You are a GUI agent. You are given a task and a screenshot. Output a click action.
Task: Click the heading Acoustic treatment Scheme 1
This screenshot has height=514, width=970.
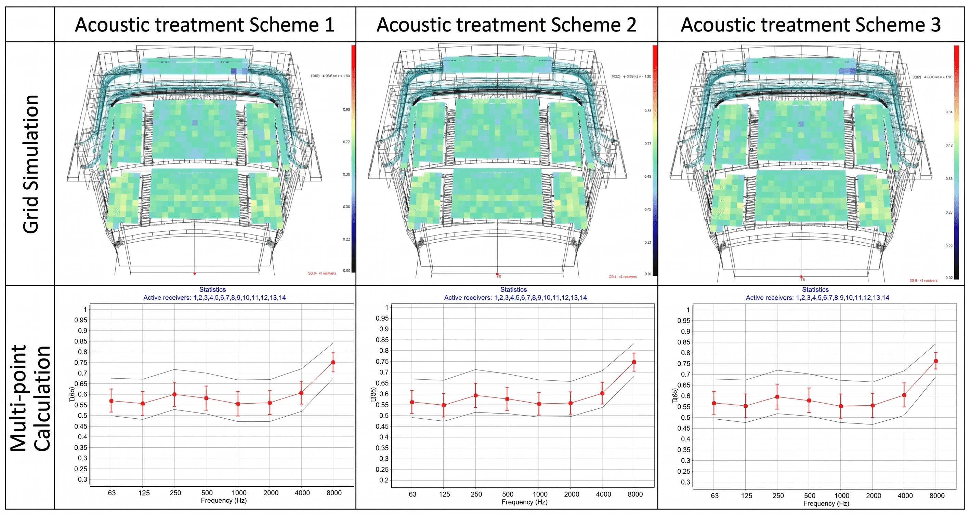pos(205,25)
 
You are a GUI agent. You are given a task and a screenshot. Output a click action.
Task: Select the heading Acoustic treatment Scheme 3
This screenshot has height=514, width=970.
pos(810,25)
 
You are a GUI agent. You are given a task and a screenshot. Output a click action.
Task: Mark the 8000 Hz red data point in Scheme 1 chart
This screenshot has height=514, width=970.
pos(333,362)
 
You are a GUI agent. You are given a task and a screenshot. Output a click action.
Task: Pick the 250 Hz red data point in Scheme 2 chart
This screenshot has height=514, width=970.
pos(475,395)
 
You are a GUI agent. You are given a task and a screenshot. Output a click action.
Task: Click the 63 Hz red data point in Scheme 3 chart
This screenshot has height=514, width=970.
pos(714,403)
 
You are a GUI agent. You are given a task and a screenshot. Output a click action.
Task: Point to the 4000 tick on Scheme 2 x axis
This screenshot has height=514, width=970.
pos(603,494)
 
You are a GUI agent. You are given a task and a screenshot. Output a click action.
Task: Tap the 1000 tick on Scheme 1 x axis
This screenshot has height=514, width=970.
pos(239,493)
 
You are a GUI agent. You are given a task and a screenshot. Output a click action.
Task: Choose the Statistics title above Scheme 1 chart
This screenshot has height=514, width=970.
pos(212,289)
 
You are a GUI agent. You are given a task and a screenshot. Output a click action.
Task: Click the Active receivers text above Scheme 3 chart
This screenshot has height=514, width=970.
pos(817,298)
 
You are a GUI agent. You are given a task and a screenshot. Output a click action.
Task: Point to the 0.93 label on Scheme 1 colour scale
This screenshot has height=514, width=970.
pos(346,109)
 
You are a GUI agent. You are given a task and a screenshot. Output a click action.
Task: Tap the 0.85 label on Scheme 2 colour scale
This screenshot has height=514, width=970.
pos(647,111)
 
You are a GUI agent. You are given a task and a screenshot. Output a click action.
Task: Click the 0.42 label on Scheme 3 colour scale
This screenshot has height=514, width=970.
pos(949,145)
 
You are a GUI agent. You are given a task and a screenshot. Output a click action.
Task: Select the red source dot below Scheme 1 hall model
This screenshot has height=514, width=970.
pos(195,273)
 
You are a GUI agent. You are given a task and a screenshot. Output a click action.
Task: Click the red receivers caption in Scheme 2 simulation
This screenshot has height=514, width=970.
pos(622,276)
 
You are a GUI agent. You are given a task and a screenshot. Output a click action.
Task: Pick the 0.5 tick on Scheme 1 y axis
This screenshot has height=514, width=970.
pos(82,416)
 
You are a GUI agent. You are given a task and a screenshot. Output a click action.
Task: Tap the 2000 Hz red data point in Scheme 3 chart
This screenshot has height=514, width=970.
pos(873,406)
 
